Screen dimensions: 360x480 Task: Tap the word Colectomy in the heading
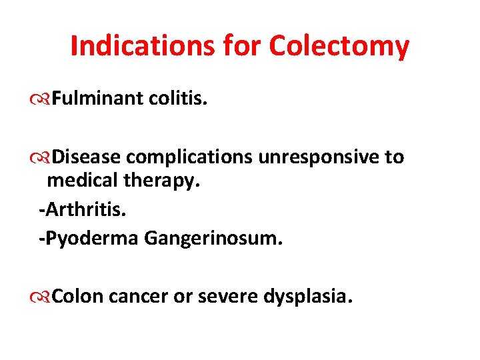pos(339,46)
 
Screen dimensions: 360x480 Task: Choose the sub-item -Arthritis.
pos(82,211)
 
